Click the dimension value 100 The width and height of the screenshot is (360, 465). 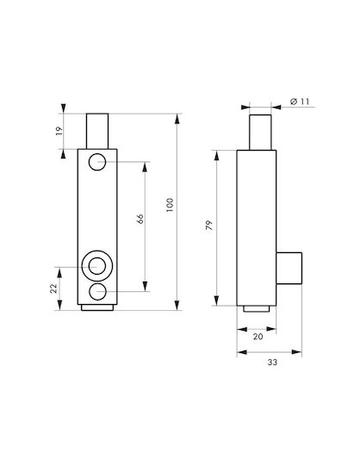tap(170, 205)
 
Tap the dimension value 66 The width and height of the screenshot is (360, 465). tap(140, 219)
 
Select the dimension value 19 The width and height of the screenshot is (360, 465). tap(59, 131)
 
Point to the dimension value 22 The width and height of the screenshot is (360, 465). tap(53, 288)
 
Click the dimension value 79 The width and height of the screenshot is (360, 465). tap(209, 226)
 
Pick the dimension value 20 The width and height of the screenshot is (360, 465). tap(258, 337)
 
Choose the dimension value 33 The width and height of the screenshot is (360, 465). tap(272, 362)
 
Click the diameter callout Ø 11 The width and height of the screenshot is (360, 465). tap(300, 102)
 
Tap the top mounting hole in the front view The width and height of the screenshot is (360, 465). tap(97, 162)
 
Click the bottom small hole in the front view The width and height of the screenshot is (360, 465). tap(97, 292)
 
